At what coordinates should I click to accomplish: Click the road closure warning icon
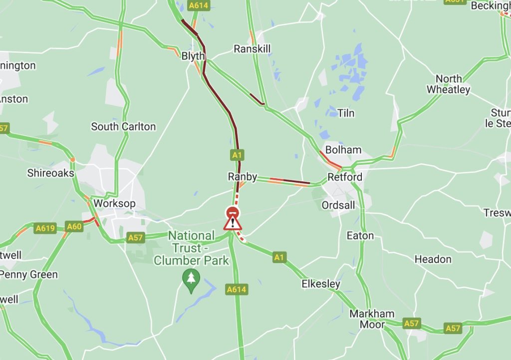click(233, 219)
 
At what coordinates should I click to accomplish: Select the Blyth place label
click(193, 56)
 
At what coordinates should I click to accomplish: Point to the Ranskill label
click(252, 48)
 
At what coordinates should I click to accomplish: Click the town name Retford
click(345, 177)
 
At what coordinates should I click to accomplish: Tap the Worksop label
click(114, 203)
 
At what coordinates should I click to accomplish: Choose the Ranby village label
click(243, 176)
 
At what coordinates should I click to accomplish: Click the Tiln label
click(346, 113)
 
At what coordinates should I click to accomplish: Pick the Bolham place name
click(343, 149)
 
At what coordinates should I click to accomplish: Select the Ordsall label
click(338, 205)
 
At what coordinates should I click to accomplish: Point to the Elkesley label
click(321, 284)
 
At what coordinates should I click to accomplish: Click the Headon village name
click(433, 259)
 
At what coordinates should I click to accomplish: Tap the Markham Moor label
click(372, 319)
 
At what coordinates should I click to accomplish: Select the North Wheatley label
click(448, 84)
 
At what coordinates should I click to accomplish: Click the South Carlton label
click(123, 126)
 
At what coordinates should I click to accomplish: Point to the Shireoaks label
click(50, 173)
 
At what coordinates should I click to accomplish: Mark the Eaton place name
click(360, 235)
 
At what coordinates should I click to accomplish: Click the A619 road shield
click(45, 228)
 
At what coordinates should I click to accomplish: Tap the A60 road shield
click(74, 227)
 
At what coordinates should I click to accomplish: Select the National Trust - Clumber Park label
click(191, 248)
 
